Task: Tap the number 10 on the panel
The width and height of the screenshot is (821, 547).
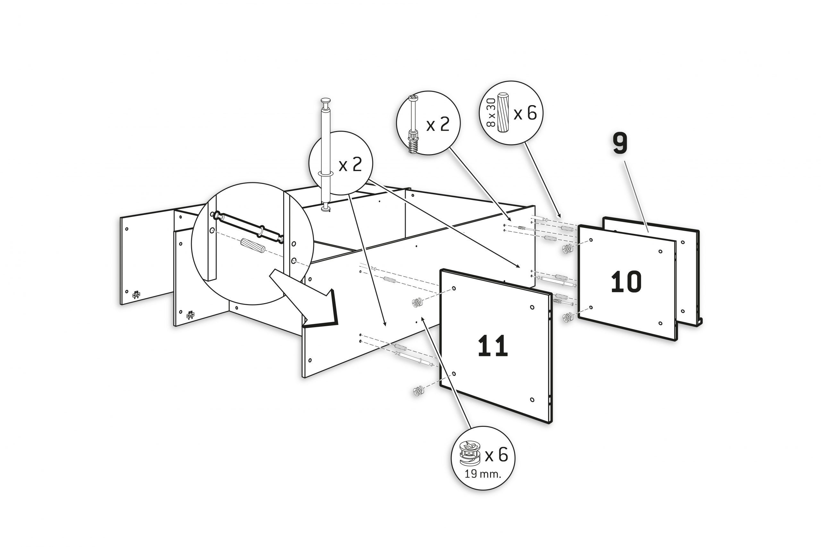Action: [x=626, y=282]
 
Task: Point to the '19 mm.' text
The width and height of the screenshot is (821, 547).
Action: [x=483, y=474]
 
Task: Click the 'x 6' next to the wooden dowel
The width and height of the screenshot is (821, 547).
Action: [x=525, y=113]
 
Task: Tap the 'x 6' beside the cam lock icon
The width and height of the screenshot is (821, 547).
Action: [x=496, y=455]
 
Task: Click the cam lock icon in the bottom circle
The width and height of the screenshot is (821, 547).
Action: [x=470, y=453]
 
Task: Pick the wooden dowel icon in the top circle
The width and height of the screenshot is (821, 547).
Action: [x=503, y=112]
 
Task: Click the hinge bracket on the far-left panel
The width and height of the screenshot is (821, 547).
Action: [x=136, y=295]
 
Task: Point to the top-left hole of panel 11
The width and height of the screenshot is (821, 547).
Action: [x=454, y=288]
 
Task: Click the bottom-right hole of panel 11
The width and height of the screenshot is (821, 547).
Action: [x=532, y=400]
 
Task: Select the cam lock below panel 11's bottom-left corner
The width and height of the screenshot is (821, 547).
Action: [x=418, y=392]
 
